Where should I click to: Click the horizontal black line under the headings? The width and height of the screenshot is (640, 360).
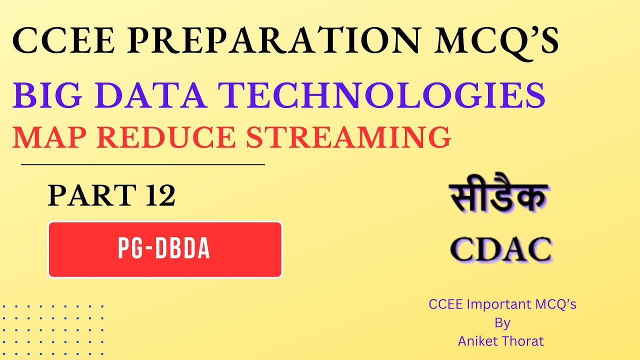click(x=142, y=164)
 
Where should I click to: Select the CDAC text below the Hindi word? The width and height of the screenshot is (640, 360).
click(x=501, y=249)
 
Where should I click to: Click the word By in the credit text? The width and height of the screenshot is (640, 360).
click(x=502, y=322)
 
